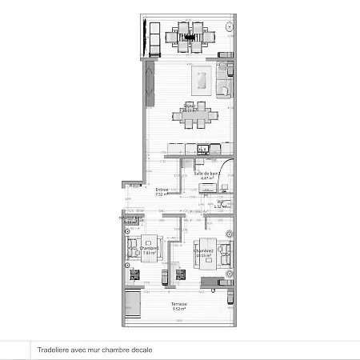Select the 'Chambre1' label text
click(149, 248)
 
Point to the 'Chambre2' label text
click(204, 250)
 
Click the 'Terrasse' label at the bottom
click(178, 305)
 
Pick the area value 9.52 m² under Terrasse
click(178, 310)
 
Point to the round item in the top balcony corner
click(230, 26)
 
